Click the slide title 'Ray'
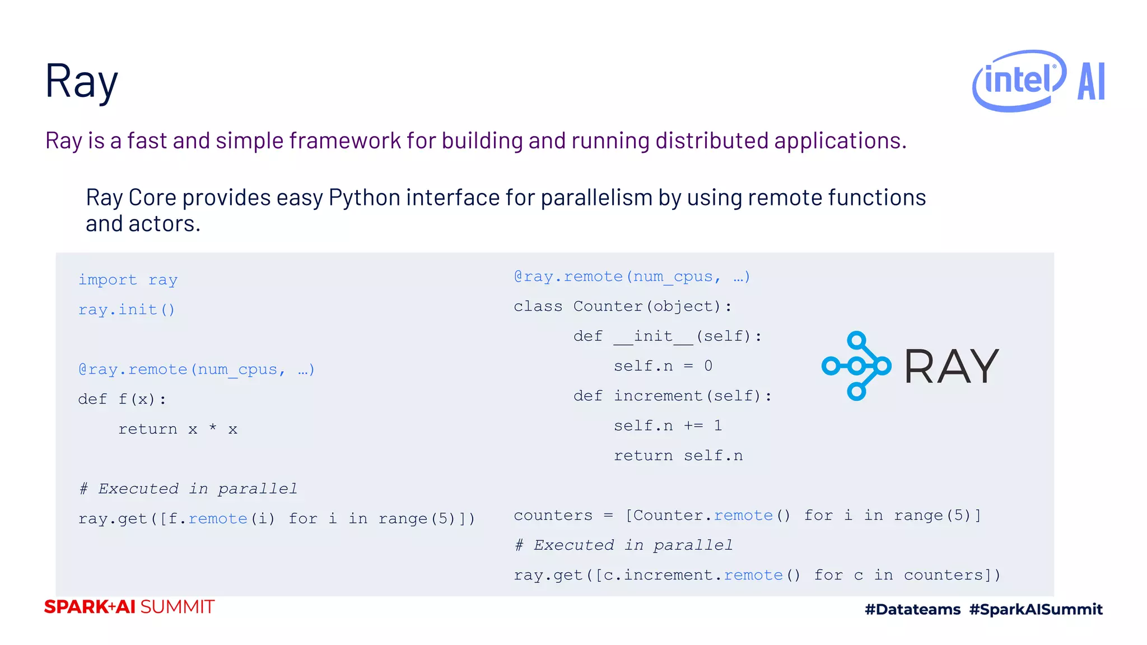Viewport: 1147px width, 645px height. tap(81, 81)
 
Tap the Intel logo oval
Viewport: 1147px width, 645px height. tap(1019, 81)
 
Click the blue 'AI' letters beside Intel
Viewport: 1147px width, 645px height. tap(1091, 82)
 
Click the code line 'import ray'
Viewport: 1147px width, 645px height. tap(128, 279)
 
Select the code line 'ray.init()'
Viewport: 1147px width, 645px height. tap(127, 310)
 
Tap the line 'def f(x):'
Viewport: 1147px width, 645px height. tap(122, 399)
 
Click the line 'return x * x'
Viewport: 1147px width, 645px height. tap(178, 429)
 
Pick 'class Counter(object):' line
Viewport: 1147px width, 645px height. tap(622, 306)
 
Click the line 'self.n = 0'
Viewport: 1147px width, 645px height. tap(663, 366)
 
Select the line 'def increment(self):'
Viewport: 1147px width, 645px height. tap(672, 396)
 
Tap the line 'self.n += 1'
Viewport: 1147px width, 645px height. tap(668, 426)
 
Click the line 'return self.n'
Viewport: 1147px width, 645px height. tap(678, 456)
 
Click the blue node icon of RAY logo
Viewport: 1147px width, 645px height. tap(856, 366)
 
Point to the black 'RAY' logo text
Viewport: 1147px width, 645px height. tap(952, 367)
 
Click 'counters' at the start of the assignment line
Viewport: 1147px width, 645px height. tap(553, 515)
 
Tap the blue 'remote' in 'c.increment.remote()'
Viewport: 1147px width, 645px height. tap(753, 575)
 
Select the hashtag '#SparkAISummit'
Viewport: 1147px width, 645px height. tap(1036, 609)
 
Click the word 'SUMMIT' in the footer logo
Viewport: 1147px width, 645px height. tap(177, 607)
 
